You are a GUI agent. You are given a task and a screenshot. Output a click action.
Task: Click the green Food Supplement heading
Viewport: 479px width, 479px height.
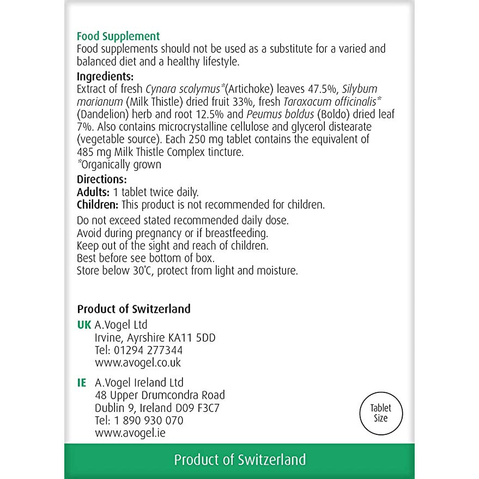pos(118,37)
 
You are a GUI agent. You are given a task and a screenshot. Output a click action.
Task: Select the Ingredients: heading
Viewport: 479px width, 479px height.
pos(105,76)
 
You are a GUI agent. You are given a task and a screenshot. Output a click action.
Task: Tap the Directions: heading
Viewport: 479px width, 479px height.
pos(102,179)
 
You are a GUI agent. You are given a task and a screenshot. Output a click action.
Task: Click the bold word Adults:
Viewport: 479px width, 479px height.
pos(93,192)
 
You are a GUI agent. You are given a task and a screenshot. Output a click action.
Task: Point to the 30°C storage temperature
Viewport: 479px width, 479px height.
pos(139,271)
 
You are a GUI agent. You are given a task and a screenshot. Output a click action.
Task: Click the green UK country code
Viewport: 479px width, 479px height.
pos(84,325)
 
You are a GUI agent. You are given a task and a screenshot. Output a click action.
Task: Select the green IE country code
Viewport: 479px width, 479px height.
pos(82,383)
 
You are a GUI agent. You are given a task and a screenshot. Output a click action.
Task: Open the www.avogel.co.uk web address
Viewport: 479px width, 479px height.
pos(138,362)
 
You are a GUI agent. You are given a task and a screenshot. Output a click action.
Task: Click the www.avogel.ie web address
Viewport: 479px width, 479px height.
pos(130,433)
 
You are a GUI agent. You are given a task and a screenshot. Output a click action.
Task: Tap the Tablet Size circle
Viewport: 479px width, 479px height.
pos(381,413)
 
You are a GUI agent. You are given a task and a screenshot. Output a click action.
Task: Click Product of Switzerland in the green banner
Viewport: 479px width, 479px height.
pos(240,459)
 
